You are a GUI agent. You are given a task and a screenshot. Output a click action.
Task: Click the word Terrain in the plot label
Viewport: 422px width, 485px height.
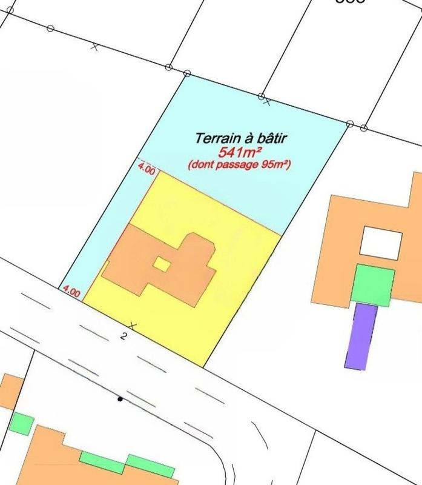[213, 139]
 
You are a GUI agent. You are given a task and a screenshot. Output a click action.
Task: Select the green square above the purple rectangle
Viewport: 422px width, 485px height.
[372, 284]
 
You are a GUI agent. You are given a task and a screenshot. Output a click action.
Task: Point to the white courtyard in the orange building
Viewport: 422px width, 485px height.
[380, 242]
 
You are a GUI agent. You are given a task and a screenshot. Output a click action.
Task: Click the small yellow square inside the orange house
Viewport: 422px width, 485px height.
[161, 264]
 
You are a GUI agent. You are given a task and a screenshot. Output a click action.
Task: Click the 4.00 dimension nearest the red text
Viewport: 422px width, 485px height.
[147, 170]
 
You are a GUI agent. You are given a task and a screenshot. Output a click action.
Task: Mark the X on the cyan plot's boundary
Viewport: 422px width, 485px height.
[267, 102]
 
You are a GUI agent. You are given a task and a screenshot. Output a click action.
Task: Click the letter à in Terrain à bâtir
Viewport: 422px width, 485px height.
[241, 139]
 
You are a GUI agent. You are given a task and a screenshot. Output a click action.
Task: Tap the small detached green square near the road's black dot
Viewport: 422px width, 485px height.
[22, 423]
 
